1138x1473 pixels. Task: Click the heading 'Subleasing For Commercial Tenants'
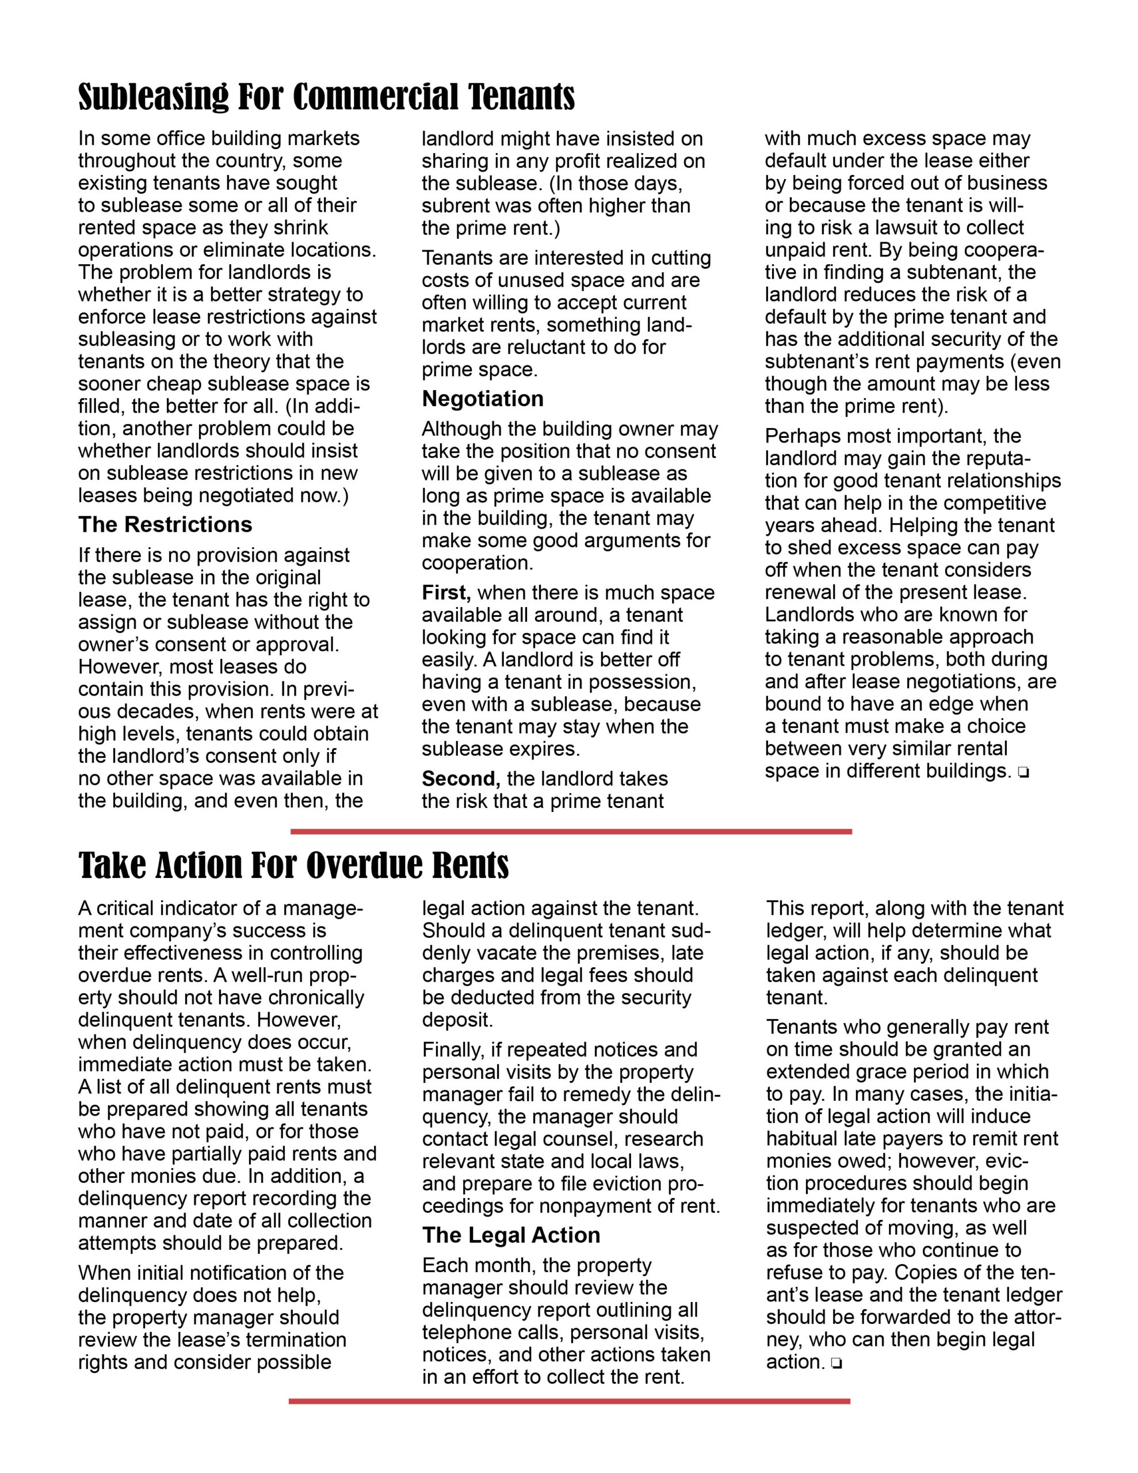(326, 97)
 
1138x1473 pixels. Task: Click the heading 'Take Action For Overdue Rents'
(293, 866)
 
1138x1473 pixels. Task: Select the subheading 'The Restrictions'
(165, 525)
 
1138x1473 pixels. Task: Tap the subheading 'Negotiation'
(482, 399)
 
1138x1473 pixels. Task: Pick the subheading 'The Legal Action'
(511, 1235)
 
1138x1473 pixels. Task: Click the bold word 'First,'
(446, 593)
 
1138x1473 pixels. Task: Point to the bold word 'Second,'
(461, 779)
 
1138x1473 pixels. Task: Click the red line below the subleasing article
(571, 831)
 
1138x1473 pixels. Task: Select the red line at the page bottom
(570, 1402)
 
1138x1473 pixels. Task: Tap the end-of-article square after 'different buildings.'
(1024, 773)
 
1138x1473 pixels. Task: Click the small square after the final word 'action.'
(837, 1364)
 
